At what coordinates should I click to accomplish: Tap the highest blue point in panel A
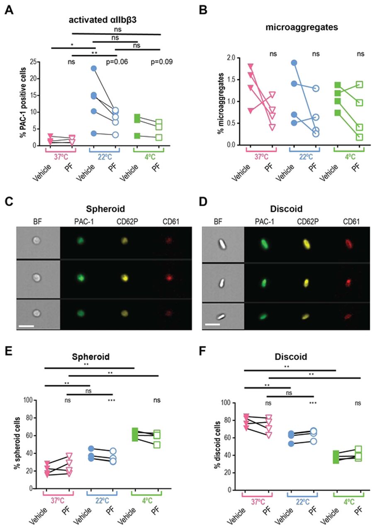(94, 68)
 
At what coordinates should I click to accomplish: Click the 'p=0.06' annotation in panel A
(117, 62)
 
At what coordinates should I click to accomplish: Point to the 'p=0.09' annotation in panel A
(161, 62)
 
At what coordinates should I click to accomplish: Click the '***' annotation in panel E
(112, 400)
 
